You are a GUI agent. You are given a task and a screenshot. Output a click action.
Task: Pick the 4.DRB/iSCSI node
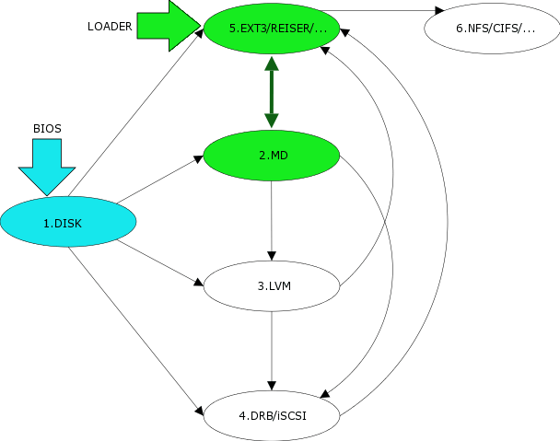(271, 415)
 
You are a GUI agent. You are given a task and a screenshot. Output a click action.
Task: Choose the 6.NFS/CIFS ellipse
(491, 28)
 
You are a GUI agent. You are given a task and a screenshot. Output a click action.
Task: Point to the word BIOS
(47, 129)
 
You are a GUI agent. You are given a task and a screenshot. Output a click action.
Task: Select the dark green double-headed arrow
(271, 91)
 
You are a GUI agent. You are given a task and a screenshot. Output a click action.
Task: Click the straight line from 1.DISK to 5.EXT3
(138, 110)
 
